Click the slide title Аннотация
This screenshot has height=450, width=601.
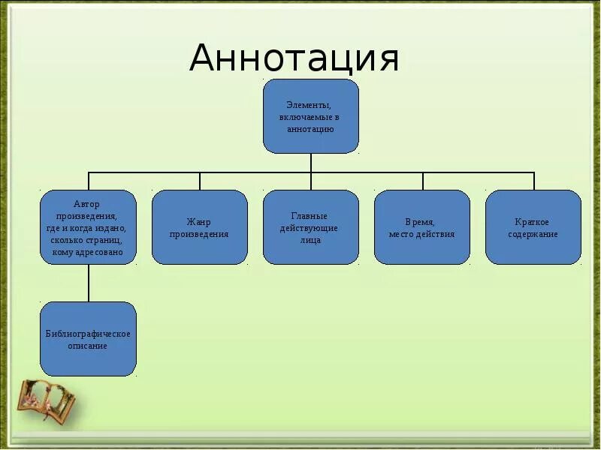[x=294, y=58]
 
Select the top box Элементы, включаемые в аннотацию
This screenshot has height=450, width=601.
[x=310, y=116]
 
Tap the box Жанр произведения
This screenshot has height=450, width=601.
[x=199, y=227]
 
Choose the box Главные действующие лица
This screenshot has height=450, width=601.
[x=310, y=227]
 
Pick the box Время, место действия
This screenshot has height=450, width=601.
[x=421, y=227]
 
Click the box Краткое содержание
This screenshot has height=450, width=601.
[x=533, y=227]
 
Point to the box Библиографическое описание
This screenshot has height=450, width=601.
[x=88, y=339]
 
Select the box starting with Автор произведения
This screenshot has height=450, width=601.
[x=88, y=227]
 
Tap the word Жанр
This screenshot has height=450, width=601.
[x=199, y=222]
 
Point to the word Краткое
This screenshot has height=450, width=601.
[x=533, y=222]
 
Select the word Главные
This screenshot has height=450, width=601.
[x=310, y=216]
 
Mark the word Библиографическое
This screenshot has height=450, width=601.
[x=88, y=334]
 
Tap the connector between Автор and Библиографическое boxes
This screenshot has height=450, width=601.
[x=89, y=283]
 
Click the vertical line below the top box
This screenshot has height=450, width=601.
[x=311, y=163]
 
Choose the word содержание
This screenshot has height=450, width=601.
[x=533, y=234]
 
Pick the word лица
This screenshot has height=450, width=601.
[x=310, y=240]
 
